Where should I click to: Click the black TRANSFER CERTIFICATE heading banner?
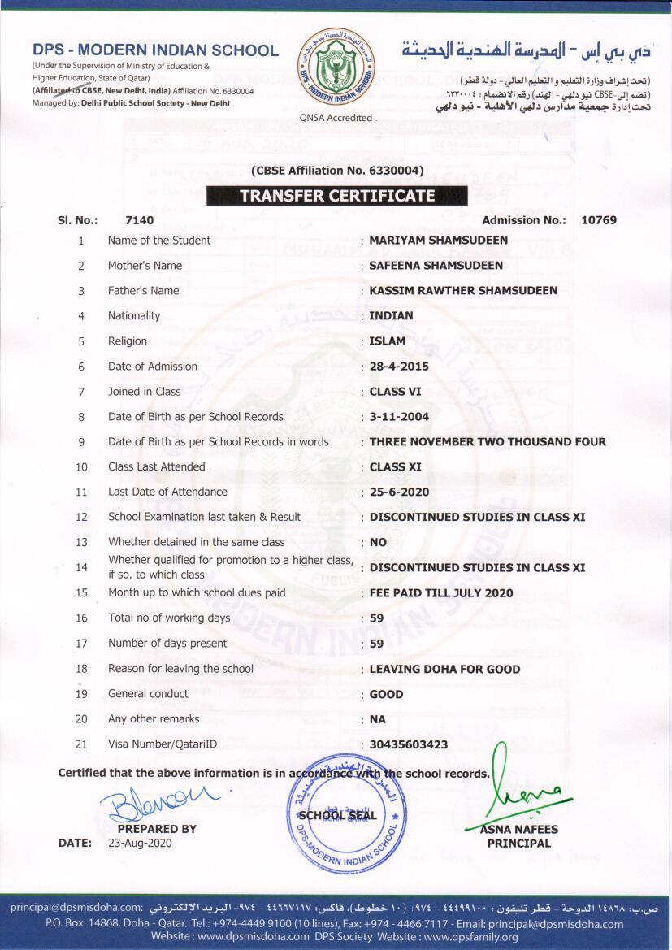[336, 196]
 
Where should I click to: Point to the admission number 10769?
[599, 220]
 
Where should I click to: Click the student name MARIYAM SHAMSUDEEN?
[438, 241]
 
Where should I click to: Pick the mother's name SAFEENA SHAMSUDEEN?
[436, 266]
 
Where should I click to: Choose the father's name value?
[463, 291]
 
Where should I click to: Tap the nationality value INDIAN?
[391, 316]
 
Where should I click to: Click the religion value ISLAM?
[388, 341]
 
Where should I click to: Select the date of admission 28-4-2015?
[399, 367]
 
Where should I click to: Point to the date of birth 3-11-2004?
[399, 417]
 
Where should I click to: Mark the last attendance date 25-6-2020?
[399, 492]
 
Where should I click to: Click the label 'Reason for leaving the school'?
[180, 669]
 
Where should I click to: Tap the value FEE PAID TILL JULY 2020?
[441, 593]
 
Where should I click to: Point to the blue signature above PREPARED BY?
[158, 796]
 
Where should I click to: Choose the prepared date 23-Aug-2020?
[140, 844]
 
